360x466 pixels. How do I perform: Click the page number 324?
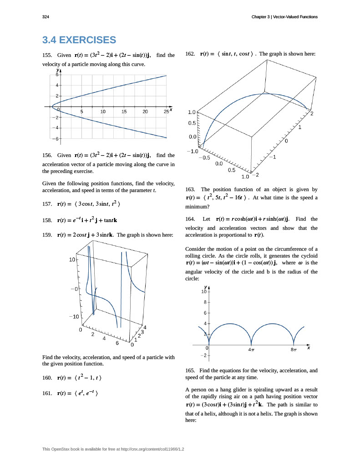(x=46, y=17)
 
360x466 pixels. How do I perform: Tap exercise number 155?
(x=47, y=55)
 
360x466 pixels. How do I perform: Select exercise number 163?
(x=191, y=189)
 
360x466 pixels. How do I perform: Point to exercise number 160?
(x=47, y=378)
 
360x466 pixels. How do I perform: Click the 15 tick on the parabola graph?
(x=124, y=111)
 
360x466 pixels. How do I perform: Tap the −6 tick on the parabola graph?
(x=53, y=138)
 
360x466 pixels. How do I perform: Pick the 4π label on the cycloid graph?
(x=251, y=350)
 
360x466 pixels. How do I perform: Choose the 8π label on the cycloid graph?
(x=294, y=350)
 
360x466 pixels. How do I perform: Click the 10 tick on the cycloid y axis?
(x=204, y=292)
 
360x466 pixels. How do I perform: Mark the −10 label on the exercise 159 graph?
(x=74, y=316)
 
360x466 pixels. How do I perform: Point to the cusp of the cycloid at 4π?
(x=251, y=344)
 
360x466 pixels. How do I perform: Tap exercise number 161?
(x=47, y=394)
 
